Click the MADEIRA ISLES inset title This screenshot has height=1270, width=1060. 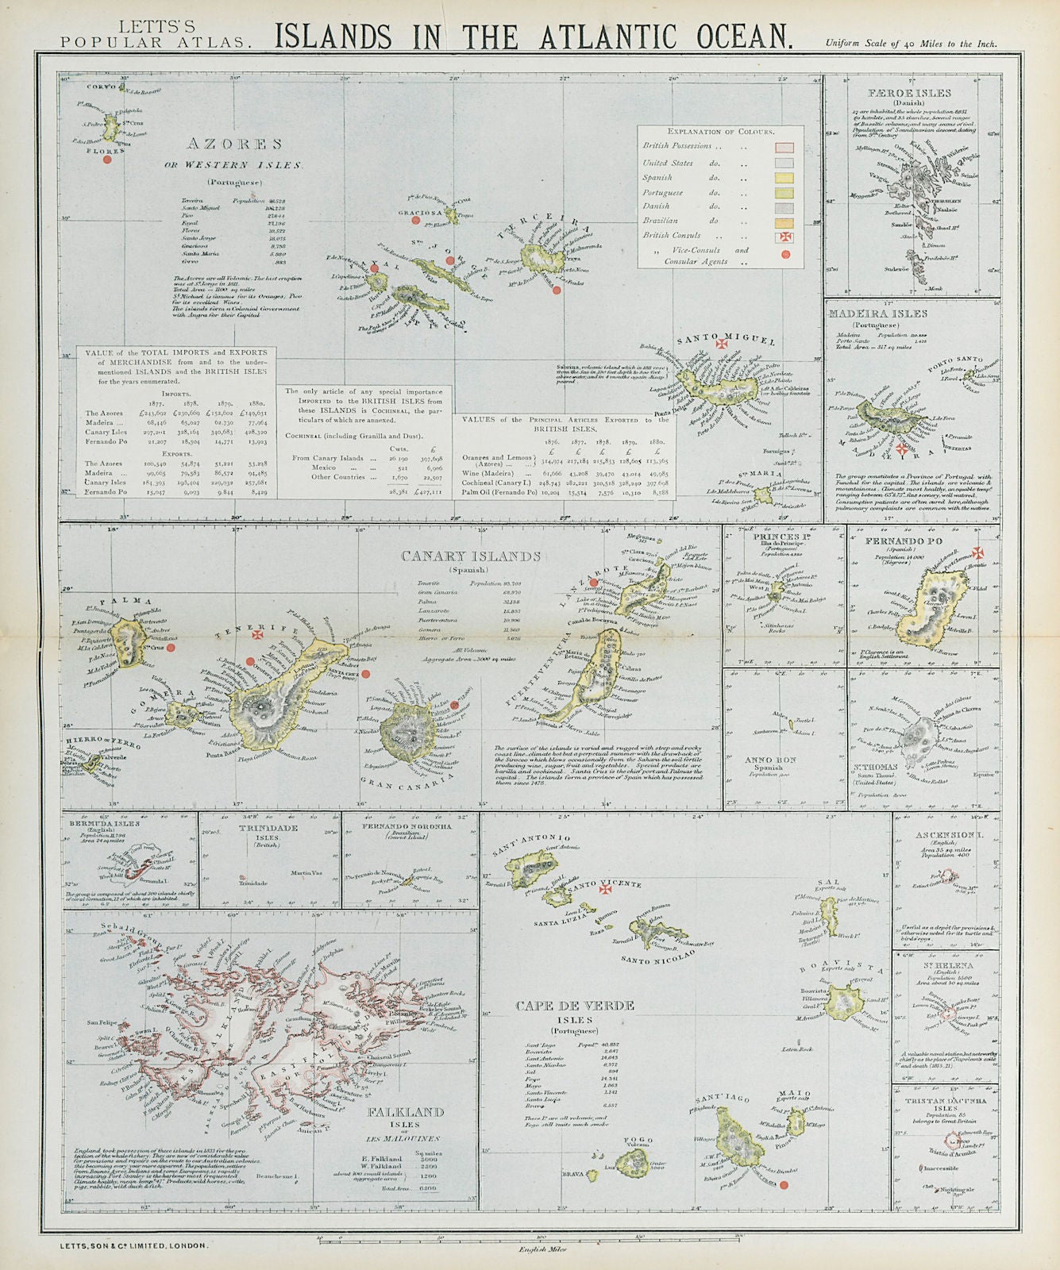pyautogui.click(x=877, y=314)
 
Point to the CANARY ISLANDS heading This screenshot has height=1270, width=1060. pyautogui.click(x=471, y=556)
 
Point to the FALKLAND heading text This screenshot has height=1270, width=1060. pyautogui.click(x=406, y=1113)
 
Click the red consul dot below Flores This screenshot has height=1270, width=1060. pyautogui.click(x=106, y=159)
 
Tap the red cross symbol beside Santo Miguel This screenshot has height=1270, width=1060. pyautogui.click(x=722, y=344)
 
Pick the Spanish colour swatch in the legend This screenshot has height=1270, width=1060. pyautogui.click(x=784, y=178)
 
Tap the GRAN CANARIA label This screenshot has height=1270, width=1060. pyautogui.click(x=412, y=782)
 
